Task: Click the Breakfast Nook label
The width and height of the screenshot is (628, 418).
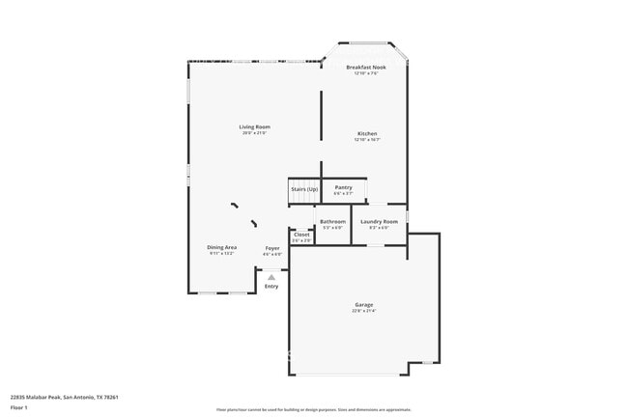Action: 366,68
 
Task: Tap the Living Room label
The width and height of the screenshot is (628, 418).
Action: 254,126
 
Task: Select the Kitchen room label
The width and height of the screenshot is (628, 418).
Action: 367,133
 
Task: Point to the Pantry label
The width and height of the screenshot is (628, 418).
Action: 343,187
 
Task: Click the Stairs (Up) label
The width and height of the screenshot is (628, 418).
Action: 304,189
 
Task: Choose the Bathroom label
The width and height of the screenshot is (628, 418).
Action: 332,221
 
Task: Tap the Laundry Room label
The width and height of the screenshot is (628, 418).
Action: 379,221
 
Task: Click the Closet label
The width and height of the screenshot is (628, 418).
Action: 301,235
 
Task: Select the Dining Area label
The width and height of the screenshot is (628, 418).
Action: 221,247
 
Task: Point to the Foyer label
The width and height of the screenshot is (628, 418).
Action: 272,248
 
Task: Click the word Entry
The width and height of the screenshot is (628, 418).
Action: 271,286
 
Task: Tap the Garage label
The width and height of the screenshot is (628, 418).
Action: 363,305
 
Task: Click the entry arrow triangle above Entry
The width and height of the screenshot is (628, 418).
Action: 271,277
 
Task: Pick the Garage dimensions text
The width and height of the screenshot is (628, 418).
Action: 363,311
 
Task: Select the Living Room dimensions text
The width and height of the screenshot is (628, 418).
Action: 254,132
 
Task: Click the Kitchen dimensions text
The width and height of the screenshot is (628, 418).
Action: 367,139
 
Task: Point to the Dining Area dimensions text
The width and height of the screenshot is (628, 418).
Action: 221,253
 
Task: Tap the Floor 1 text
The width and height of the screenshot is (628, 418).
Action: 19,406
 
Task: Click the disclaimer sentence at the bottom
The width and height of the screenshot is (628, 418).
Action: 314,409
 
